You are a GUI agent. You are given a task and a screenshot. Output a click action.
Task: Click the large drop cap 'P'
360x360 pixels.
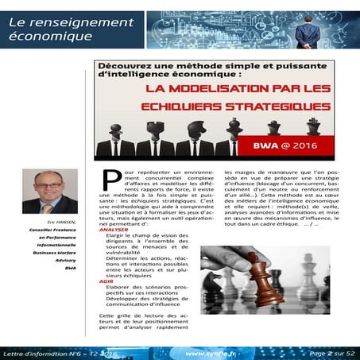(110, 178)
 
